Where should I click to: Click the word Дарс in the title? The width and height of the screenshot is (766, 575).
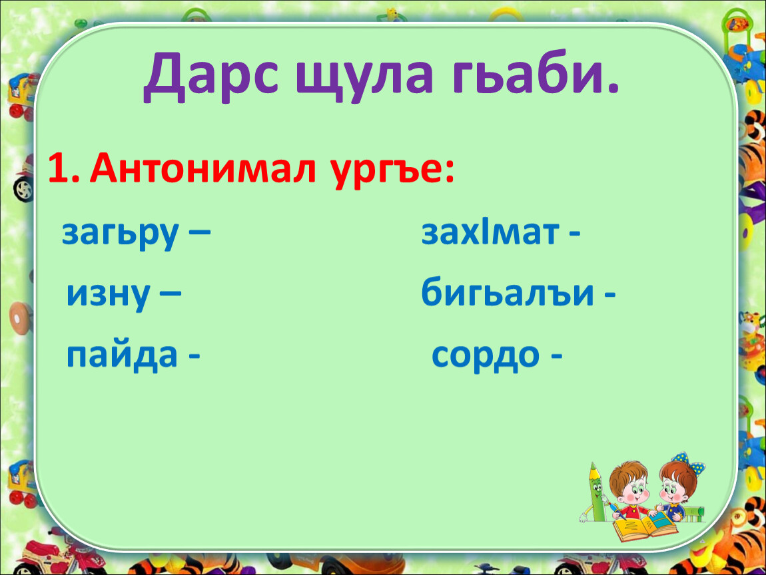pyautogui.click(x=211, y=75)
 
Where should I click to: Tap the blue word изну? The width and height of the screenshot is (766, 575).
pyautogui.click(x=108, y=295)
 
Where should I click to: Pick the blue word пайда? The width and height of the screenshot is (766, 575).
pyautogui.click(x=122, y=355)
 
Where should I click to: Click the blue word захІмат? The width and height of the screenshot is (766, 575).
pyautogui.click(x=490, y=232)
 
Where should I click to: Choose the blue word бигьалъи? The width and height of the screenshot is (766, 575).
pyautogui.click(x=508, y=292)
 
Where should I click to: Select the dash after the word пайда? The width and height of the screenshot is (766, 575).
pyautogui.click(x=194, y=358)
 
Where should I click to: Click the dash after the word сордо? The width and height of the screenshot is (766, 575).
pyautogui.click(x=556, y=357)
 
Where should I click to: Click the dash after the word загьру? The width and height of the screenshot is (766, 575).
pyautogui.click(x=199, y=234)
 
